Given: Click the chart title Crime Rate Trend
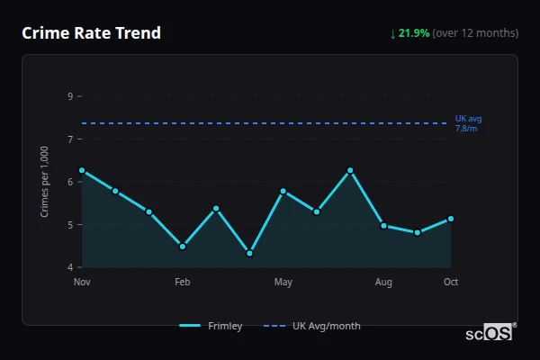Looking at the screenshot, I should click(91, 33).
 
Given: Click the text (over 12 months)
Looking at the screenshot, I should click(475, 33).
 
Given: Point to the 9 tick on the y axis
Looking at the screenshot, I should click(70, 95).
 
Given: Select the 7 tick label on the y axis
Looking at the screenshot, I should click(70, 139).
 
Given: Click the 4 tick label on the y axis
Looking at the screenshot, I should click(70, 267).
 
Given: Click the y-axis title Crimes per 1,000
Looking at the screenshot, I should click(44, 181).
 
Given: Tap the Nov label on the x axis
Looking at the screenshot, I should click(82, 283).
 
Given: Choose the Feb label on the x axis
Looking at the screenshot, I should click(183, 283).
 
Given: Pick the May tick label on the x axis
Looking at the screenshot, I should click(283, 283).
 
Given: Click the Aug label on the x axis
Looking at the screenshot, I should click(383, 283).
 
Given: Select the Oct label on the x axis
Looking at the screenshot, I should click(451, 283).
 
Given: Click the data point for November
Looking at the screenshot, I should click(82, 170).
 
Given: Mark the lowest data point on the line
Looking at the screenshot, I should click(249, 253).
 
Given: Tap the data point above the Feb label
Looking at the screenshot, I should click(183, 246).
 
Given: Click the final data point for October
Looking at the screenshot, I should click(451, 219).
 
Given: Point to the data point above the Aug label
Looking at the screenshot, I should click(383, 226).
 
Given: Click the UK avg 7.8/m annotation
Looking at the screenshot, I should click(468, 123).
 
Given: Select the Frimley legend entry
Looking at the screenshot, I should click(211, 326).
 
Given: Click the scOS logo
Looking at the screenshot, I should click(490, 332).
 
